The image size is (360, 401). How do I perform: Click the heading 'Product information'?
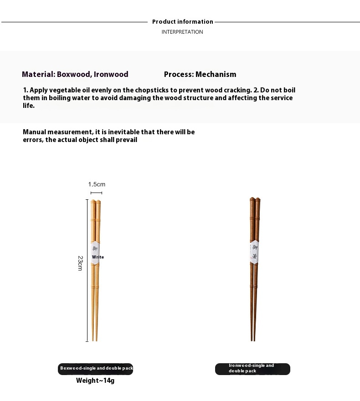coord(182,22)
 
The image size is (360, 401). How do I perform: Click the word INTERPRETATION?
coord(182,32)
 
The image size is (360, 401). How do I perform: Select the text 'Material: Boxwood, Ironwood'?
coord(75,74)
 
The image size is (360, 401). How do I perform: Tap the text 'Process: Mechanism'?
coord(200,74)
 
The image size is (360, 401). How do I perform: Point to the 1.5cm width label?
coord(97,184)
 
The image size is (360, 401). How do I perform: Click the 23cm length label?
coord(80,263)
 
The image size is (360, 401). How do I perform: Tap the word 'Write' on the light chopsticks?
coord(98,257)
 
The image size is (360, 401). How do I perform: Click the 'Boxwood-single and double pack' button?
coord(96,368)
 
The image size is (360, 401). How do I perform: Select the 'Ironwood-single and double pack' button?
coord(252,368)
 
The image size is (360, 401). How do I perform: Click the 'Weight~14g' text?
coord(95,381)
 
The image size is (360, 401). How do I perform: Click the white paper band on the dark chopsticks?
coord(254,251)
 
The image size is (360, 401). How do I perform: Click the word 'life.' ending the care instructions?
coord(29,106)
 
